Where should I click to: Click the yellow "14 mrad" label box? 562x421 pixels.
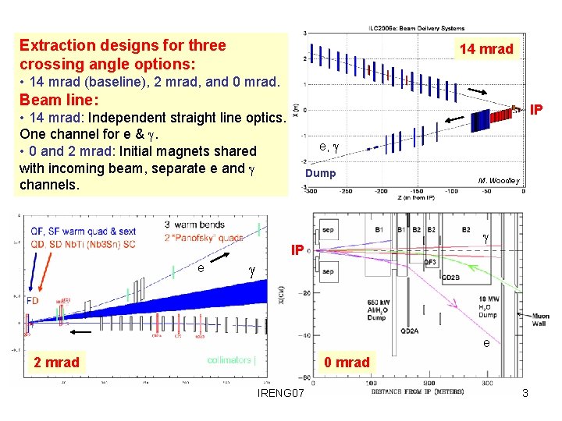pos(486,49)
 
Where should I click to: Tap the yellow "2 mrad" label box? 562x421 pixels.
pos(56,362)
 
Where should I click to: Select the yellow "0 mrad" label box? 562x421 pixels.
pos(347,362)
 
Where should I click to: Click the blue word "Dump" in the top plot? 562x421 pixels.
pos(320,173)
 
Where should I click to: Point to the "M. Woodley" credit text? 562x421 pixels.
pos(499,181)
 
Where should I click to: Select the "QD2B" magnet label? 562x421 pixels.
pos(451,277)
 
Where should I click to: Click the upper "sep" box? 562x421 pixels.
pos(328,232)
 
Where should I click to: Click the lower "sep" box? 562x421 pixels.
pos(328,272)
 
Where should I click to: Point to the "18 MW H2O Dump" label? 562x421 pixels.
pos(487,306)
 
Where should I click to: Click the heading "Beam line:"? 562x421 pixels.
pos(59,100)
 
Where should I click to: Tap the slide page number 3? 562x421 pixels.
pos(525,394)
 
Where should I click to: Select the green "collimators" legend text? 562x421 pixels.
pos(231,360)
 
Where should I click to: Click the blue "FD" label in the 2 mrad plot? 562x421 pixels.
pos(32,300)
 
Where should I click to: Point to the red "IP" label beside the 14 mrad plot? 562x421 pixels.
pos(536,110)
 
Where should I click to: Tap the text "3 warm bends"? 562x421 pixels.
pos(194,225)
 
